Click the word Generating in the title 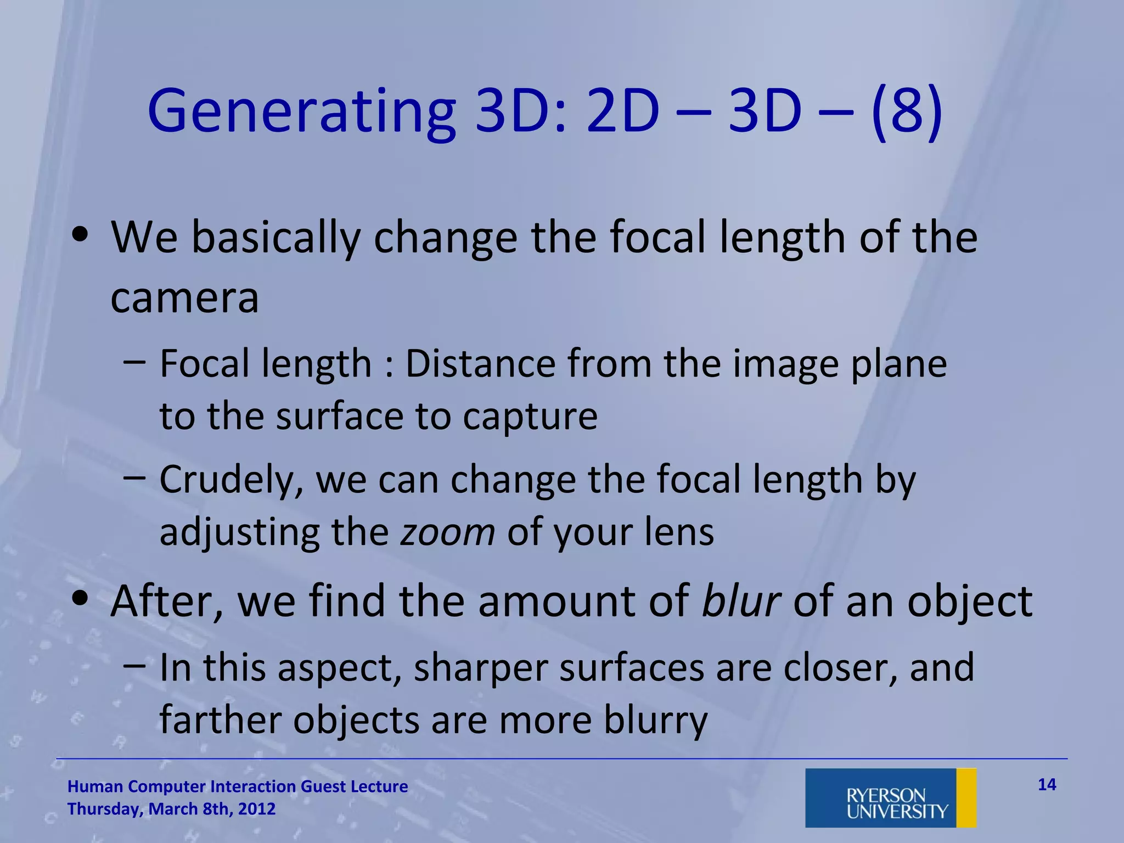[x=301, y=113]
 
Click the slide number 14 [x=1047, y=784]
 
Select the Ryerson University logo [x=890, y=797]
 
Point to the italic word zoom [x=447, y=532]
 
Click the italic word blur [x=741, y=601]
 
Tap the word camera [x=184, y=297]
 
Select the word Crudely [x=231, y=480]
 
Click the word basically [x=276, y=237]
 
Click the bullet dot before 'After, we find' [x=80, y=599]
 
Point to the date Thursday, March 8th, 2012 [x=171, y=809]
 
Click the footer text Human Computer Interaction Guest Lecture [x=238, y=786]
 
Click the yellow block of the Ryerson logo [x=966, y=797]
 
